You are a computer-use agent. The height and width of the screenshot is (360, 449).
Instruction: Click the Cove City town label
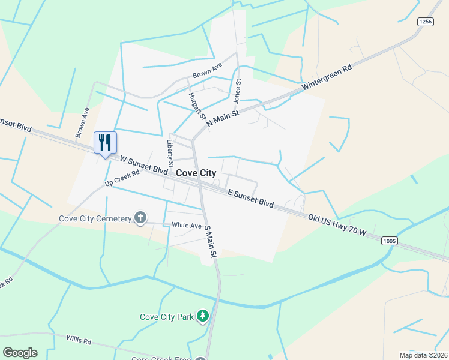(196, 173)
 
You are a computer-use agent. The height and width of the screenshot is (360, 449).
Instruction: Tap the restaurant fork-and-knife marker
(106, 143)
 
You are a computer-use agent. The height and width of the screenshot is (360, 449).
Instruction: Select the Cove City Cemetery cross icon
(140, 217)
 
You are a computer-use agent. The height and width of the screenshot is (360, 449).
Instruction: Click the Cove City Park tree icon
(203, 316)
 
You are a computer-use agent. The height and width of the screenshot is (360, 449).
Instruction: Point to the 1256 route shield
(426, 22)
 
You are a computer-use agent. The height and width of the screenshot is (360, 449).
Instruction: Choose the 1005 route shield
(389, 241)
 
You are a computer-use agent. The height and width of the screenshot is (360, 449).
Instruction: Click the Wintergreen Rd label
(326, 77)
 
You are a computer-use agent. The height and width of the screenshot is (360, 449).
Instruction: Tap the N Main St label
(223, 113)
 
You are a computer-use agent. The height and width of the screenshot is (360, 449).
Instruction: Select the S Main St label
(209, 241)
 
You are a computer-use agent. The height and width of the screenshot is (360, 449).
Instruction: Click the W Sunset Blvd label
(143, 165)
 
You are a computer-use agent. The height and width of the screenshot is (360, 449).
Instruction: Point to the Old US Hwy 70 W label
(337, 225)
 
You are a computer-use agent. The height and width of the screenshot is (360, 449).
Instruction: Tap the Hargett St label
(196, 106)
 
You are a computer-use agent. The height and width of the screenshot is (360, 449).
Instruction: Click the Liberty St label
(170, 154)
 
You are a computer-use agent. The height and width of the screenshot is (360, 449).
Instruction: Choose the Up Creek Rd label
(122, 178)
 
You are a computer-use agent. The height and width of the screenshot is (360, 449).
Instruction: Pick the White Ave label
(187, 226)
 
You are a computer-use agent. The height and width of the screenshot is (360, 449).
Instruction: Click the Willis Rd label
(79, 341)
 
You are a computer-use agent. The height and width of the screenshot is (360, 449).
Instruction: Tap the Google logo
(20, 353)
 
